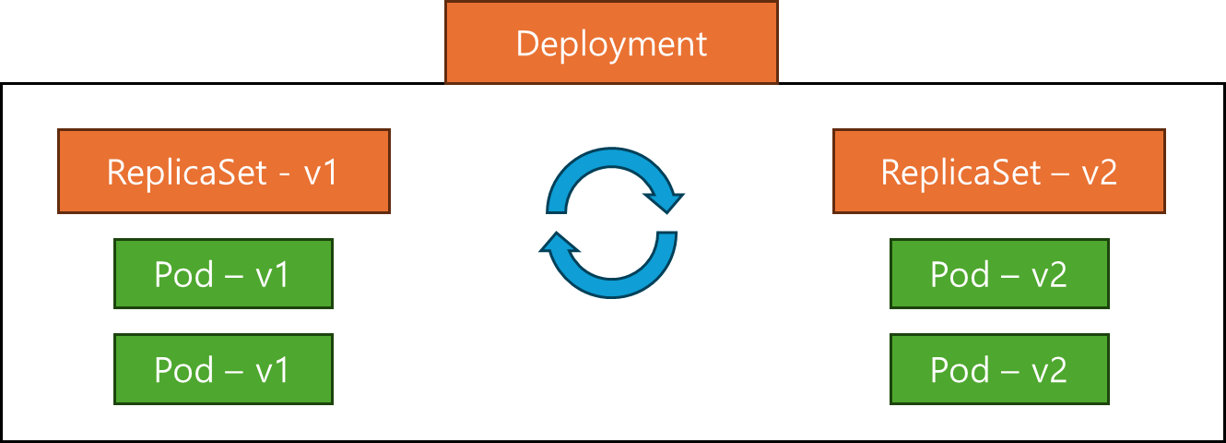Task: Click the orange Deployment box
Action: [x=611, y=42]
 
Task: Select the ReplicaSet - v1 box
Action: [x=223, y=172]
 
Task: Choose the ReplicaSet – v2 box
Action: [x=999, y=172]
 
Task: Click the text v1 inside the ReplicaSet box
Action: [x=322, y=173]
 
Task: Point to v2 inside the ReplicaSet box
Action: [x=1099, y=173]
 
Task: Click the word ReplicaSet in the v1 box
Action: [x=186, y=173]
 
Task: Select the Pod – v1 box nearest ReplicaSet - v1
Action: [x=223, y=274]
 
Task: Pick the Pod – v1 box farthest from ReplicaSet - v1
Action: [x=223, y=369]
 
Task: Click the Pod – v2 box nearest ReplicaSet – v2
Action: [x=999, y=274]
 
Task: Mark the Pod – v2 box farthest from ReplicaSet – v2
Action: [x=999, y=369]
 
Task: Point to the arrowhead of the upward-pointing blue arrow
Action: [x=559, y=245]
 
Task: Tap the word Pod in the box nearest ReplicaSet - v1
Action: [x=184, y=274]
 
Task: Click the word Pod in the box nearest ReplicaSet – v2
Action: [x=961, y=274]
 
